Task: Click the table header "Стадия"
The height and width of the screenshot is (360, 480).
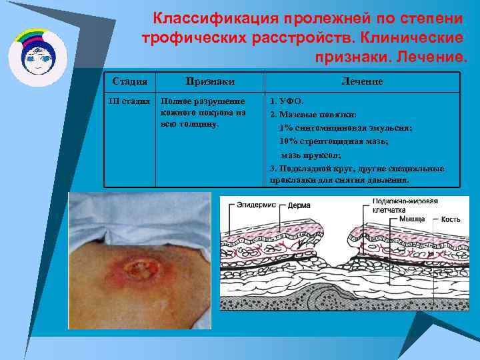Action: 130,81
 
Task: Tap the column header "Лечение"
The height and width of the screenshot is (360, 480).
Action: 362,81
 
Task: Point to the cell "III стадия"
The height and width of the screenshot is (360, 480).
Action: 129,102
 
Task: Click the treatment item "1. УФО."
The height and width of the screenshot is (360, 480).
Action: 286,102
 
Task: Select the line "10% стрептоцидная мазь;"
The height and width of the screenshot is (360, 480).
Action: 343,141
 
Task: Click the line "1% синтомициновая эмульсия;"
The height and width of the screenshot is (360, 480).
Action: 345,128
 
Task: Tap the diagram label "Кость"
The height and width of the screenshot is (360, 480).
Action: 451,219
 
